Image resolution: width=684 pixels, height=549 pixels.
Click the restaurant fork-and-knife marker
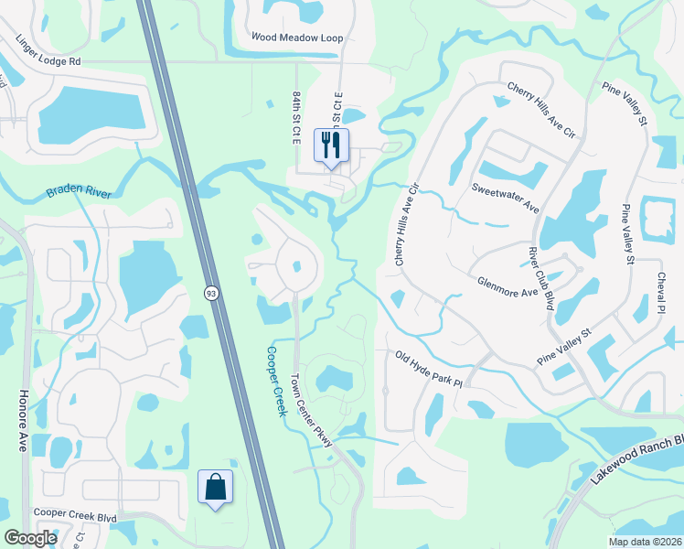click(331, 145)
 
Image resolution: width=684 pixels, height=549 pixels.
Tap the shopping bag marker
click(215, 487)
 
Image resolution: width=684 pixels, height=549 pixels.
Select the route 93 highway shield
click(210, 292)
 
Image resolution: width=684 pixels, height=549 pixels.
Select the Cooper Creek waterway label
click(277, 381)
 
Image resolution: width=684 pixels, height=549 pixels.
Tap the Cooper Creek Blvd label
click(75, 517)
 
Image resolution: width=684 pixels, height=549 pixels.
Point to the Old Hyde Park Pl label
click(430, 370)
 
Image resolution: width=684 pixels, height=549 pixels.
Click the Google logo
click(30, 538)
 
